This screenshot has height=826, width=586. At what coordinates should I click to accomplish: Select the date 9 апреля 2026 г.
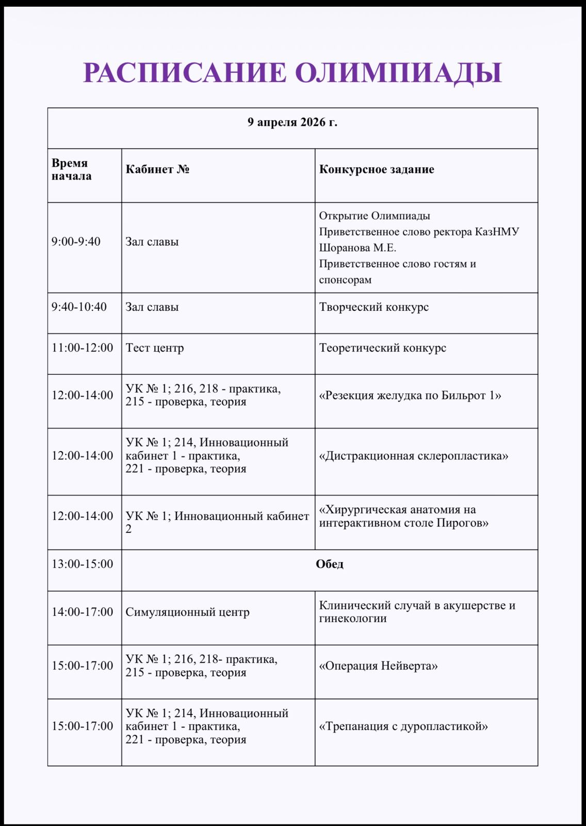(292, 122)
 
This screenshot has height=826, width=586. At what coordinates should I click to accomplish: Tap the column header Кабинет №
(157, 169)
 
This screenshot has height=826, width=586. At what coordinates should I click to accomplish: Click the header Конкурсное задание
(377, 169)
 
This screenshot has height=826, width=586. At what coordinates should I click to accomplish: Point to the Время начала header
(71, 169)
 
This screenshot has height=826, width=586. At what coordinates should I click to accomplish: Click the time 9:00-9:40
(76, 242)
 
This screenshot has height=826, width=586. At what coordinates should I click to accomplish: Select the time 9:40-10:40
(79, 307)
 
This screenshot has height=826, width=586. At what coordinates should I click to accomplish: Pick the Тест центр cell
(155, 348)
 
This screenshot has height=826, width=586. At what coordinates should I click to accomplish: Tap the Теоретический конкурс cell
(382, 348)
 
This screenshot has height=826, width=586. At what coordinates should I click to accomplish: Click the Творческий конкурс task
(373, 307)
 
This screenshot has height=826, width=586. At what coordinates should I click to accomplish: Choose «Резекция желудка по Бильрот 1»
(410, 395)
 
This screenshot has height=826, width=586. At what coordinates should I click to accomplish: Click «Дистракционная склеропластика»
(413, 456)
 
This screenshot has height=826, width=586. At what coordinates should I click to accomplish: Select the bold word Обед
(330, 564)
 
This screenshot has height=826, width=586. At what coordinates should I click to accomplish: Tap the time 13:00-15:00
(82, 564)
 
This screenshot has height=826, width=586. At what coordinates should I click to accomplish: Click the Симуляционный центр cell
(187, 612)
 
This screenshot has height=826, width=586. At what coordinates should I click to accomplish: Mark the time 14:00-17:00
(82, 612)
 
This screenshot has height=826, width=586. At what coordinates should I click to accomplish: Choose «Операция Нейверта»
(378, 666)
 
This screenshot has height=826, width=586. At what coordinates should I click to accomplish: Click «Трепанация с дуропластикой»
(403, 726)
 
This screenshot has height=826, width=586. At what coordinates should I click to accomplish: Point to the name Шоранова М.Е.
(357, 248)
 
